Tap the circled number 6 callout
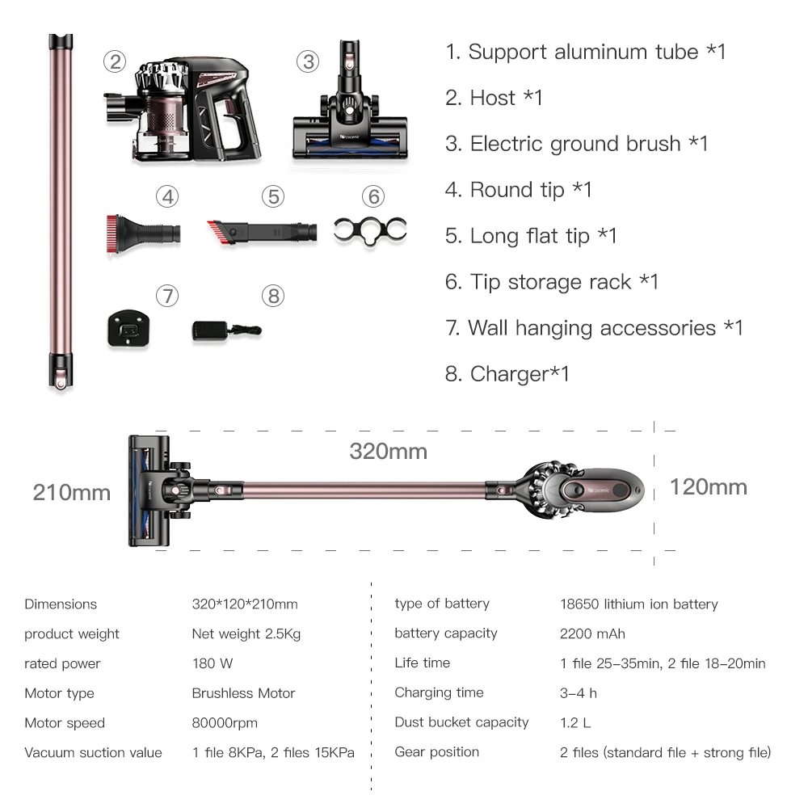372,196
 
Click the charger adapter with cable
225,329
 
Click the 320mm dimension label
388,451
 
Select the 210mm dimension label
72,492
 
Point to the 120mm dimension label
708,487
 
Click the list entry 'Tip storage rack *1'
552,282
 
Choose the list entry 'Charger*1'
507,374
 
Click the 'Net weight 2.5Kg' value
246,633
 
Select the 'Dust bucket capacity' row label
461,722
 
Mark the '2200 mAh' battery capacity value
592,633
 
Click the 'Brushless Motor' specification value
243,693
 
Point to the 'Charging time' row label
439,692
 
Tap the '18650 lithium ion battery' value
638,604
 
